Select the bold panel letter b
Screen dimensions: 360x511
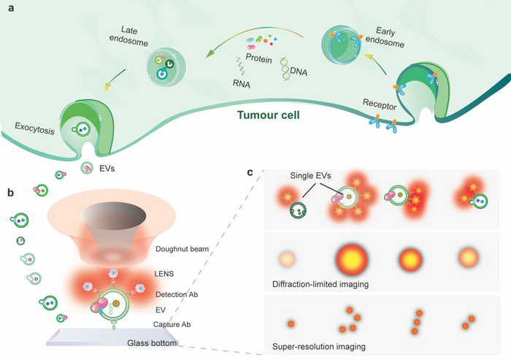[x=8, y=193]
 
